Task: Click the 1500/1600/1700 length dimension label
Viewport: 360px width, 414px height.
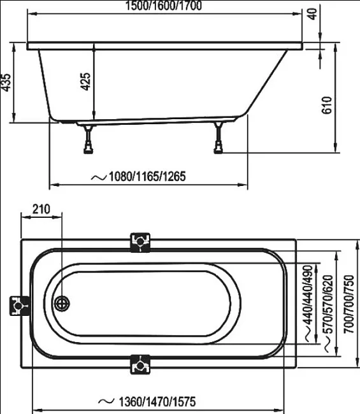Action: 163,6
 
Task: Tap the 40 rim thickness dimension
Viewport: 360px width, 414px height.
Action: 312,14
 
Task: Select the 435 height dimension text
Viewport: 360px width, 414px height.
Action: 6,82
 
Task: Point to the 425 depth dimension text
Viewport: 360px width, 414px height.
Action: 85,82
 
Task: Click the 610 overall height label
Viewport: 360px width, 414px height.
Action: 327,105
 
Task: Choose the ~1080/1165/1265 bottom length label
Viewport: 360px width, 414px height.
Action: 138,176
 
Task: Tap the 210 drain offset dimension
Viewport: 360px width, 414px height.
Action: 41,209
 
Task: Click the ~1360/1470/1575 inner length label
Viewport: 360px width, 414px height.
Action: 147,402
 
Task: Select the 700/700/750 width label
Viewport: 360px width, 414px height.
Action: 349,304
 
